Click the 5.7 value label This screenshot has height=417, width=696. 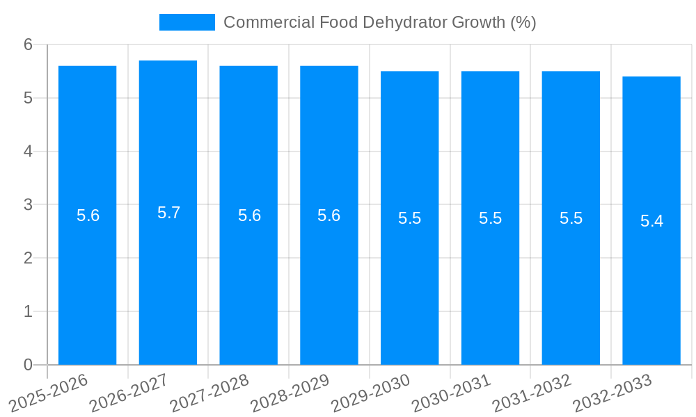[x=168, y=213]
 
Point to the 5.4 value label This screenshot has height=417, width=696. [x=651, y=221]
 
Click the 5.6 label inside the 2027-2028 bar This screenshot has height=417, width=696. [x=249, y=215]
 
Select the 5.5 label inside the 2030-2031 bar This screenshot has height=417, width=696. [x=490, y=218]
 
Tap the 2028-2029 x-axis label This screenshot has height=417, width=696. [x=290, y=393]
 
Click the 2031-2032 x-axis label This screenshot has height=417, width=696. [x=532, y=393]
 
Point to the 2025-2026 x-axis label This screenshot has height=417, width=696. [x=49, y=393]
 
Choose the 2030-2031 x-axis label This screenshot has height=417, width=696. [x=451, y=393]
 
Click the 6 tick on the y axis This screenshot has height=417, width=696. [x=28, y=44]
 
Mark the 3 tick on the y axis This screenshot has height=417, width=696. [x=28, y=205]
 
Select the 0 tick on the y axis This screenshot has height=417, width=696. [x=28, y=365]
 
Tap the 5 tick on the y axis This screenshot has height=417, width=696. [x=28, y=98]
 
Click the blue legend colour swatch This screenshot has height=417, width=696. [x=187, y=22]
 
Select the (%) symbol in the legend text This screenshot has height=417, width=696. [x=523, y=22]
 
